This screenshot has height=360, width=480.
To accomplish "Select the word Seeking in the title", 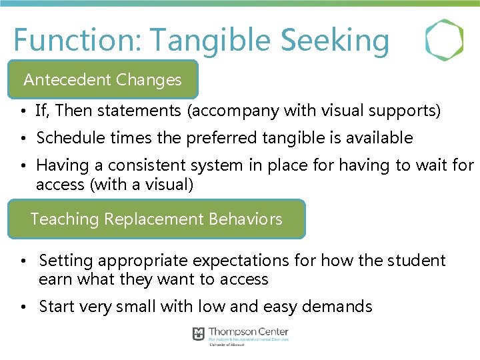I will pyautogui.click(x=335, y=40).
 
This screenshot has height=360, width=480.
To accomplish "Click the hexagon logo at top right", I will pyautogui.click(x=445, y=40).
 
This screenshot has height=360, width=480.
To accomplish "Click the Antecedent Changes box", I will pyautogui.click(x=103, y=80).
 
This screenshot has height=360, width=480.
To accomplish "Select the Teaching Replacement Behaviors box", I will pyautogui.click(x=157, y=219).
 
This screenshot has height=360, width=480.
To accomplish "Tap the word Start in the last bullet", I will pyautogui.click(x=56, y=307).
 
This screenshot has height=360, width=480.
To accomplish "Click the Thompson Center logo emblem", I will pyautogui.click(x=199, y=334).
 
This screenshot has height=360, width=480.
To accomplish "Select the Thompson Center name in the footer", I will pyautogui.click(x=248, y=331).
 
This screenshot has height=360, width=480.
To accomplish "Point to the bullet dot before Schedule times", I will pyautogui.click(x=23, y=139).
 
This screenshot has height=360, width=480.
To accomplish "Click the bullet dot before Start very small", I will pyautogui.click(x=23, y=307).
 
